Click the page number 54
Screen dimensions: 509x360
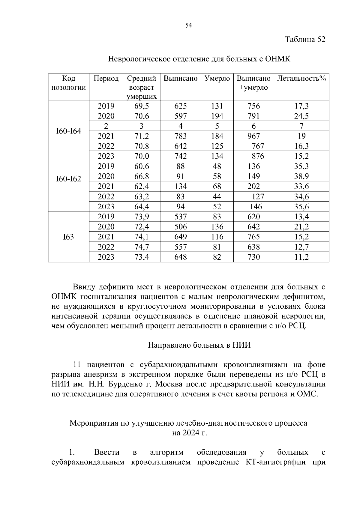coord(188,25)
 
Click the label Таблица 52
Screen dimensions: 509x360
coord(305,40)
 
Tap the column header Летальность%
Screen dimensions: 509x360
coord(301,79)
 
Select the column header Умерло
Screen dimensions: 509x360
coord(217,79)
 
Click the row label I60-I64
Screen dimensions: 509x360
coord(68,131)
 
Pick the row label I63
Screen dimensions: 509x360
coord(68,237)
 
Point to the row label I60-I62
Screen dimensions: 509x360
coord(68,179)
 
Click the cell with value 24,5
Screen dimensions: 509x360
coord(301,116)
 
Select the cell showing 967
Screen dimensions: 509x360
coord(253,136)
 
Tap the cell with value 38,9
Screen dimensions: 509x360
coord(301,176)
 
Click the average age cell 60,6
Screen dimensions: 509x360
coord(142,166)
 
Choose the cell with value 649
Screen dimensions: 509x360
coord(181,237)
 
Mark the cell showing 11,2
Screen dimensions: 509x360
coord(301,257)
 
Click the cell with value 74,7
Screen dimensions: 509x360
coord(142,247)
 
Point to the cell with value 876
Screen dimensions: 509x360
coord(258,156)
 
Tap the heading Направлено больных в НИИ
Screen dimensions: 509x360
coord(199,345)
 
